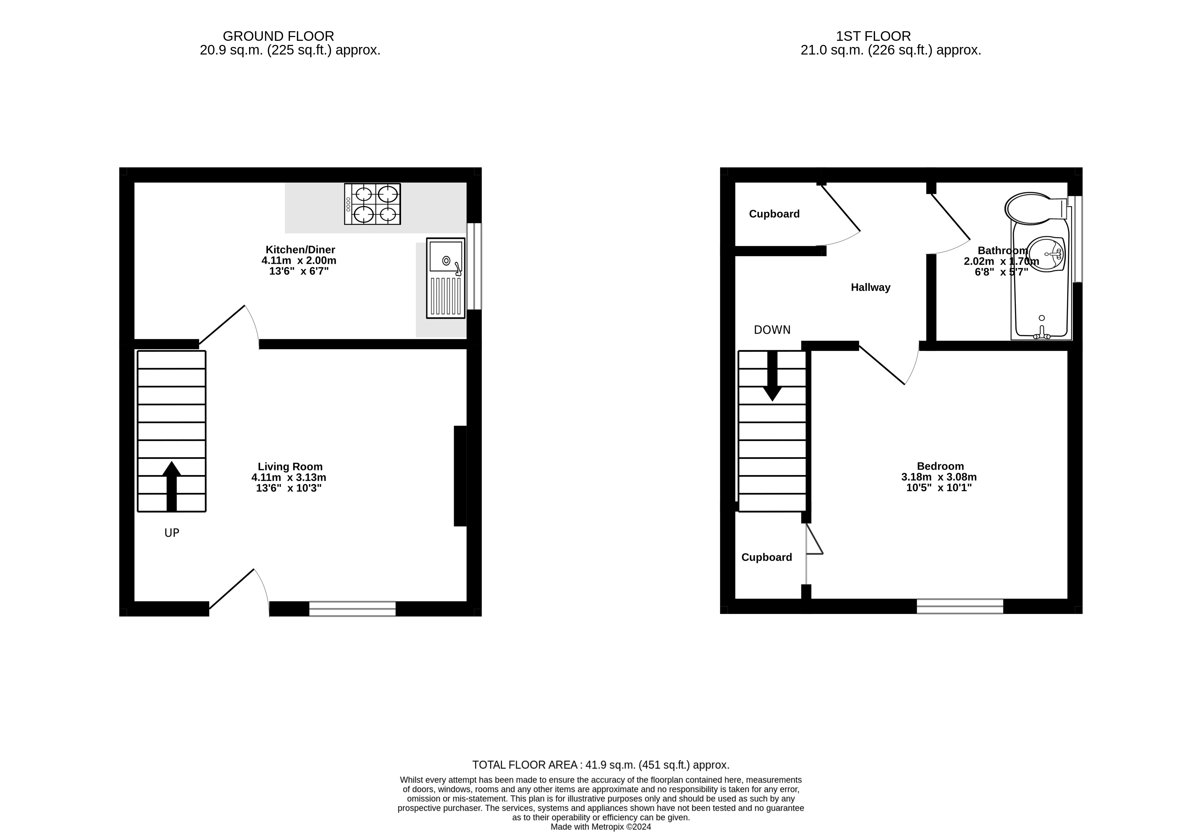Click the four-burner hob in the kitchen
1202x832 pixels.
(x=373, y=204)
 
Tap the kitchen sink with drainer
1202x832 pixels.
(x=446, y=278)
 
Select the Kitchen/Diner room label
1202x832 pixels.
(x=300, y=250)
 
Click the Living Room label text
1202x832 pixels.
(x=290, y=466)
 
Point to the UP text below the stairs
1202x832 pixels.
(x=172, y=533)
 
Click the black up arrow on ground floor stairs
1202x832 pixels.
(x=171, y=486)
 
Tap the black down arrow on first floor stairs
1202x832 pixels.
(x=772, y=376)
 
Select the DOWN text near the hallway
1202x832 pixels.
(x=772, y=330)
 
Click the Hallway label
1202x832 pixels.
(x=871, y=287)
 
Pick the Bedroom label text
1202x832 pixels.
(x=940, y=466)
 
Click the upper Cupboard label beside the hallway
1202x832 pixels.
(x=774, y=214)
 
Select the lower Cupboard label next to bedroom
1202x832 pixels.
(x=766, y=557)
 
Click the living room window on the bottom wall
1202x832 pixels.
(x=352, y=608)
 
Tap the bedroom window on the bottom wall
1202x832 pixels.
(x=960, y=606)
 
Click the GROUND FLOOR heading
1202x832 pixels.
(x=278, y=36)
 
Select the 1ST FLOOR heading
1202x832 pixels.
(x=873, y=36)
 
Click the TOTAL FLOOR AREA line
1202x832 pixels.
(x=601, y=765)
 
